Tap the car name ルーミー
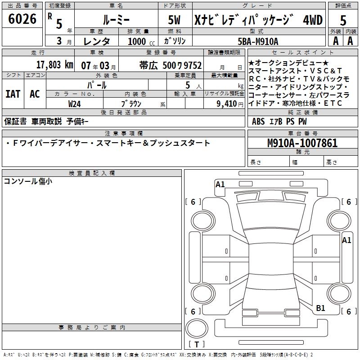coord(116,19)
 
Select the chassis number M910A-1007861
coord(302,143)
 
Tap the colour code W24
coord(75,103)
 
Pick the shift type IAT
coord(13,94)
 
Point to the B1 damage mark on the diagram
coord(320,308)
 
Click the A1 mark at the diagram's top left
coord(220,184)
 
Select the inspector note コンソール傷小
coord(28,181)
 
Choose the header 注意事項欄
coord(124,134)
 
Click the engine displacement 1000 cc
coord(138,41)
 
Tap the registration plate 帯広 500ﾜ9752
coord(170,65)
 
